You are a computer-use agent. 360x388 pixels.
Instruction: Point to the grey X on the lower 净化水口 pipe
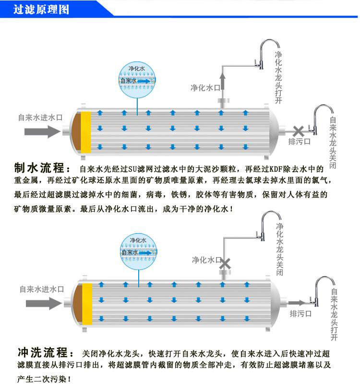click(224, 263)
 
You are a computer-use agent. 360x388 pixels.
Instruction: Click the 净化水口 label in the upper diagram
click(205, 88)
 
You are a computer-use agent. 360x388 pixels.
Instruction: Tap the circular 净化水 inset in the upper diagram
click(137, 78)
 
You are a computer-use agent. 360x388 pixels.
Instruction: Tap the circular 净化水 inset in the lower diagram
click(139, 249)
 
